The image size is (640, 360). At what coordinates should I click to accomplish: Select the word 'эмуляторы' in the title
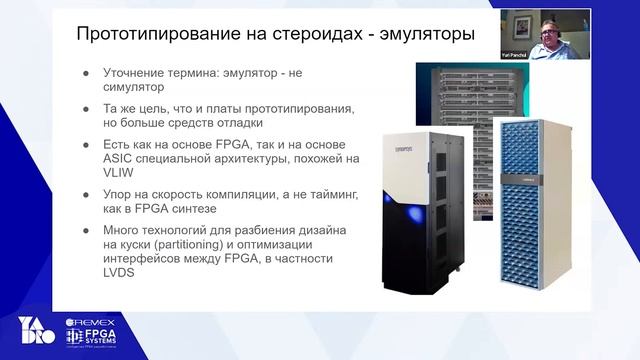425,35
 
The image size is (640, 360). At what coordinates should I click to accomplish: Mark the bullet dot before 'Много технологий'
87,231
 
